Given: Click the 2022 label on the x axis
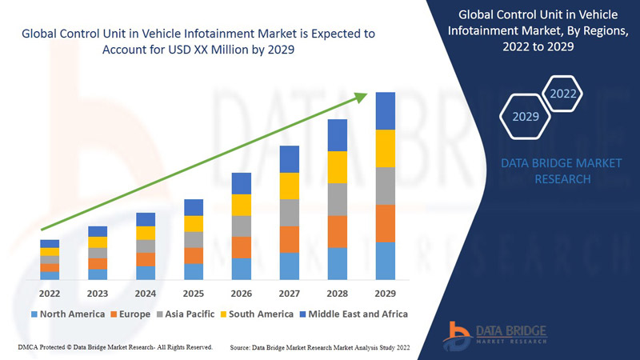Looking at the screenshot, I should (x=50, y=293).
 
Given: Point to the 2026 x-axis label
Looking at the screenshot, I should (x=242, y=293).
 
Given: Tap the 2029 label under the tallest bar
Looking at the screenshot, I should (x=386, y=293).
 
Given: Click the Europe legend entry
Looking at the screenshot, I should (x=130, y=314).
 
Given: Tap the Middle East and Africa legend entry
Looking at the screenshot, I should (x=354, y=314).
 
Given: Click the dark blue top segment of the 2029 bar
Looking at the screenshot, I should (x=386, y=110).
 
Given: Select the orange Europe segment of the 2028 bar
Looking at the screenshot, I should (x=338, y=231).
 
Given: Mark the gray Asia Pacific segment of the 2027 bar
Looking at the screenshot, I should (x=290, y=212).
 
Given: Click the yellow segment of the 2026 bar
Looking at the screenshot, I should (x=242, y=205).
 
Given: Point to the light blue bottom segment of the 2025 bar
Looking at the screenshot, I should (x=194, y=271).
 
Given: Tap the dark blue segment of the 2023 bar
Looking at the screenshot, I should (x=98, y=231).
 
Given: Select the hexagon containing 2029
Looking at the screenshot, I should (x=525, y=117).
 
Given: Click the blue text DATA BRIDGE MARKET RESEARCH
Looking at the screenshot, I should (x=560, y=171).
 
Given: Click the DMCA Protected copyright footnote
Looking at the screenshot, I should (x=114, y=347).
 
